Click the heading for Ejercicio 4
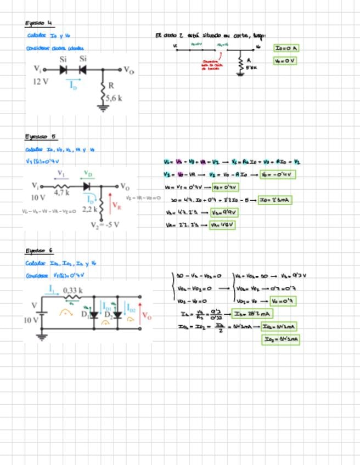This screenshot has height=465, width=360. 38,23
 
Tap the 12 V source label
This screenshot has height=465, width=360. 41,81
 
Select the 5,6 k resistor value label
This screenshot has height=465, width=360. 114,98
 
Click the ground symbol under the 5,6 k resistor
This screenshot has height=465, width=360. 102,108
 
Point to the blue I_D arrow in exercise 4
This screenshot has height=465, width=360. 74,84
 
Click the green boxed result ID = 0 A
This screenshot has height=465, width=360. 286,48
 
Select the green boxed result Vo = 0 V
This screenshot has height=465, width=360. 285,61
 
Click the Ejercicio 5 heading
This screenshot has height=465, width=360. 40,137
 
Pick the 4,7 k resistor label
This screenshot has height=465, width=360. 61,193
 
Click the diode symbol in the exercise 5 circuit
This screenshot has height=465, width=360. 87,186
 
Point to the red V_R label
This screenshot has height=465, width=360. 116,206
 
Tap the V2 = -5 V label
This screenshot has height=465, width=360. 104,224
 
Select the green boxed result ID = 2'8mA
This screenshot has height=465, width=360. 275,200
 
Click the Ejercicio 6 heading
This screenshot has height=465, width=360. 39,251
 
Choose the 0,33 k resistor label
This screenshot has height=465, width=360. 72,290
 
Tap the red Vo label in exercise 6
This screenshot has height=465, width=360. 147,315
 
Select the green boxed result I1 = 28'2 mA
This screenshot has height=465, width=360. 252,314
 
